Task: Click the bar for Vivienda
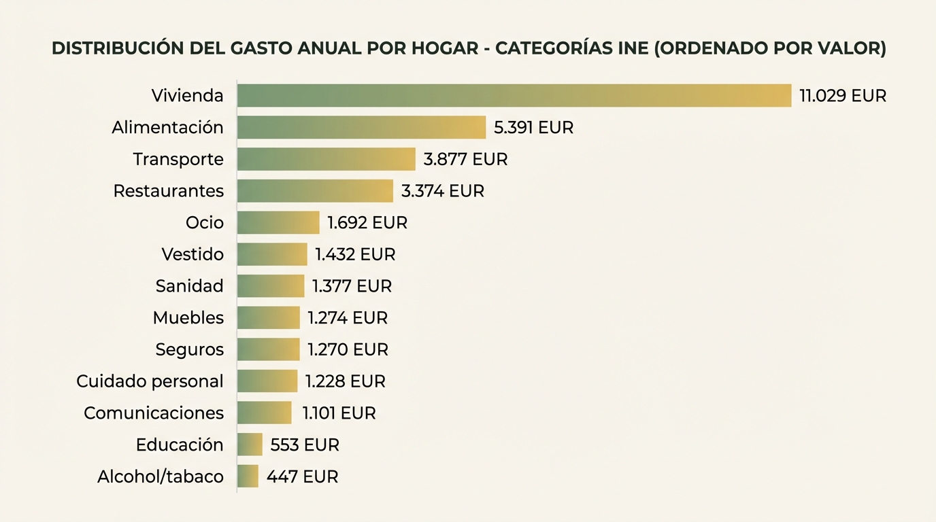pos(514,96)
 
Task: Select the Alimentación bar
pos(361,128)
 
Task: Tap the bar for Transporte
pos(326,159)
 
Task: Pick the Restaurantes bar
pos(315,191)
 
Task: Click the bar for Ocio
pos(278,222)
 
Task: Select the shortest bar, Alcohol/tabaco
pos(248,476)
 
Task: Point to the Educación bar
pos(250,445)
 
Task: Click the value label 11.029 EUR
pos(843,96)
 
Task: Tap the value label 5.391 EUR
pos(534,128)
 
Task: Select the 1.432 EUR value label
pos(355,254)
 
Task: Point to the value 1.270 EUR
pos(348,349)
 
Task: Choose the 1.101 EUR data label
pos(339,413)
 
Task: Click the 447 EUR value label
pos(302,476)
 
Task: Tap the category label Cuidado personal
pos(150,381)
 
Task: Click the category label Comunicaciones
pos(154,413)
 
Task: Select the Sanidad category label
pos(189,286)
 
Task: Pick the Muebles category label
pos(188,317)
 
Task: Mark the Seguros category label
pos(189,349)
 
